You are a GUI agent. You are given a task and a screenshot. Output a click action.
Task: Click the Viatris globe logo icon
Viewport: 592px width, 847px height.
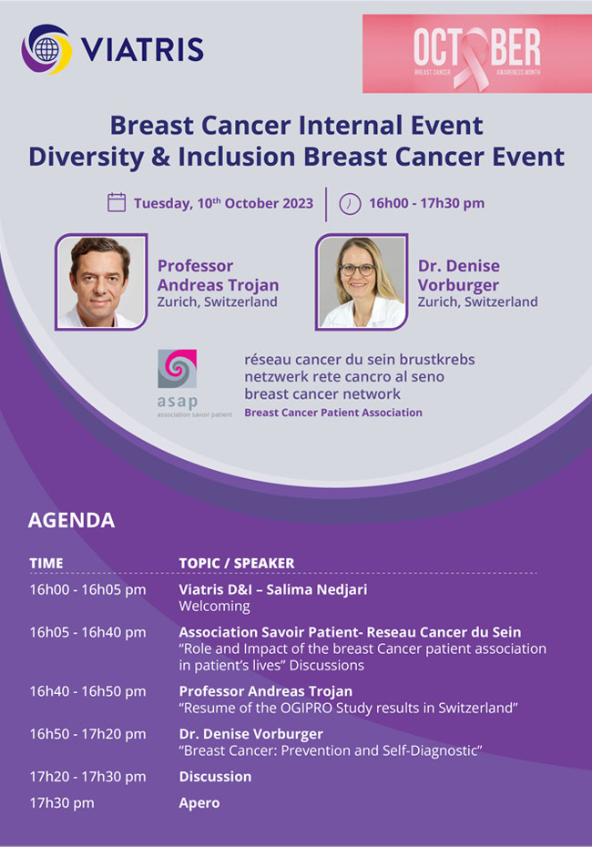click(x=46, y=49)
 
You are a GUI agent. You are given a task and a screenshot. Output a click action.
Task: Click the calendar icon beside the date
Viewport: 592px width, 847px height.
click(x=117, y=202)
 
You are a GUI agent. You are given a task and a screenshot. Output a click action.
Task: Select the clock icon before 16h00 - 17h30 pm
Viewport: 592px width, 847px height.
click(x=350, y=204)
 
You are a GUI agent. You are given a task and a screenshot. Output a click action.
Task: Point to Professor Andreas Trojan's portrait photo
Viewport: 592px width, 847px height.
click(x=101, y=281)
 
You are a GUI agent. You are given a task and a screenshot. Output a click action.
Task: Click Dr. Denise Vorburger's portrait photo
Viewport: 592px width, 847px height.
click(x=362, y=281)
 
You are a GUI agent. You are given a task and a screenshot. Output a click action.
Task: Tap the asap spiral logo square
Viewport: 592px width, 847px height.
click(x=178, y=369)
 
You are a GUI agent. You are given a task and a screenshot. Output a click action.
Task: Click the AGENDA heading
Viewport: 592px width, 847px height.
click(x=71, y=520)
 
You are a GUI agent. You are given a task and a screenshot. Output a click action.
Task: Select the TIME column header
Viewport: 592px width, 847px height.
click(x=46, y=563)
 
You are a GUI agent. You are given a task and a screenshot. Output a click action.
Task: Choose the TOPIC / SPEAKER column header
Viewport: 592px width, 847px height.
click(x=237, y=563)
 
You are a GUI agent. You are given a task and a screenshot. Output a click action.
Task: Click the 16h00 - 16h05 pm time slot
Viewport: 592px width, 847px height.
click(x=87, y=589)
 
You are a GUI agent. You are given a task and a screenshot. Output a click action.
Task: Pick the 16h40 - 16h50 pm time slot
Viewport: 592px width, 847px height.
click(x=87, y=691)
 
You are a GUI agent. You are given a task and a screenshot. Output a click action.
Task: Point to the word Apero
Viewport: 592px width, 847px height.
click(x=199, y=803)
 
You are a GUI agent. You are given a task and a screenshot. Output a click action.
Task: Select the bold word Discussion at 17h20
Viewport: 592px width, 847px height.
click(x=216, y=777)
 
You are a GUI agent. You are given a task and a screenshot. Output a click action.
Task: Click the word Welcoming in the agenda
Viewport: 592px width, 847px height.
click(x=214, y=607)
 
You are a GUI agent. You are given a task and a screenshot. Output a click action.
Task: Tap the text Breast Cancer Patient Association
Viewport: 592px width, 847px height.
click(x=333, y=413)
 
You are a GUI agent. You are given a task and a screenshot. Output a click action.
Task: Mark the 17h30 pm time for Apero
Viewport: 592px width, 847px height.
click(x=62, y=803)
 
